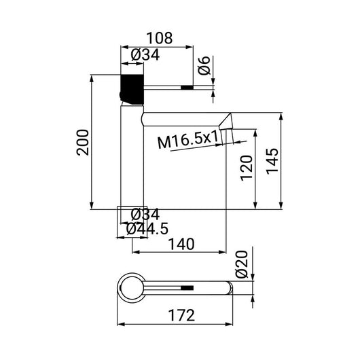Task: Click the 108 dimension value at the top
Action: pos(160,38)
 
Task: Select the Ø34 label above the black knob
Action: pos(145,56)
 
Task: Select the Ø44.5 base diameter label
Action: pos(147,230)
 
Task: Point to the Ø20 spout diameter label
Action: pos(244,264)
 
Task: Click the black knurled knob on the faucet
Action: pos(132,87)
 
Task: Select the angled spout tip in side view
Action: pos(228,122)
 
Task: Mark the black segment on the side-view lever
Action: pos(187,87)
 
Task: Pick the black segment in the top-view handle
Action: pos(187,287)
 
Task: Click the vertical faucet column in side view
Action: pos(132,156)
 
